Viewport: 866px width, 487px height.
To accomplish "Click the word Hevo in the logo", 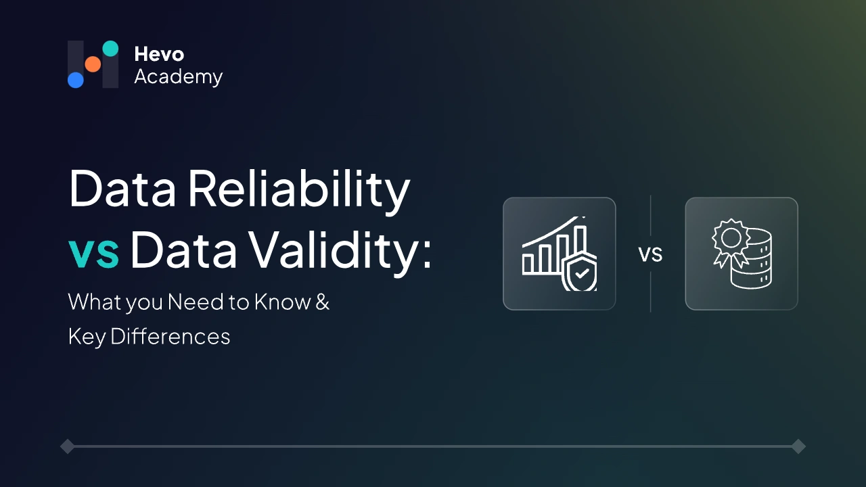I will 159,54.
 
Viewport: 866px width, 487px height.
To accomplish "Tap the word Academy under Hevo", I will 178,77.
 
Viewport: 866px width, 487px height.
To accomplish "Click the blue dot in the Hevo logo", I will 76,80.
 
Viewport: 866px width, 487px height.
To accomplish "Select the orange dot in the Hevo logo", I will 93,64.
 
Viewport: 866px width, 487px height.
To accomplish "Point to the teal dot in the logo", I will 110,49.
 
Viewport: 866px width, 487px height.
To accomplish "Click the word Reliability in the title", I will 298,190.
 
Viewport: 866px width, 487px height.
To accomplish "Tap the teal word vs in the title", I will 94,251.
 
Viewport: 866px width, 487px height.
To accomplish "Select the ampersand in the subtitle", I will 323,302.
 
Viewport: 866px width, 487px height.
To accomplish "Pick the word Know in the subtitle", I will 282,302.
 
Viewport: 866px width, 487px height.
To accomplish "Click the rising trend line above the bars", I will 551,233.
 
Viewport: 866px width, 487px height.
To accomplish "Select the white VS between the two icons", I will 650,254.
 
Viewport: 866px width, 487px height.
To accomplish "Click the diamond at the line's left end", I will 67,446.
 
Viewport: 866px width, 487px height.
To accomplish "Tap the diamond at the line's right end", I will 798,446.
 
